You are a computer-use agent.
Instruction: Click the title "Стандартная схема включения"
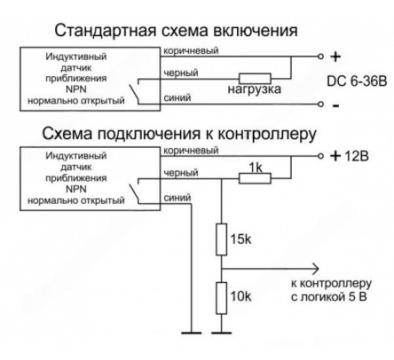point(178,30)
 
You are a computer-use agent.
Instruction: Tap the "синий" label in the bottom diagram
point(178,196)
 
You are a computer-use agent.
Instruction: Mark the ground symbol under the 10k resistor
point(223,332)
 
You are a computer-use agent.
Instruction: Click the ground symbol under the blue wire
point(190,332)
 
